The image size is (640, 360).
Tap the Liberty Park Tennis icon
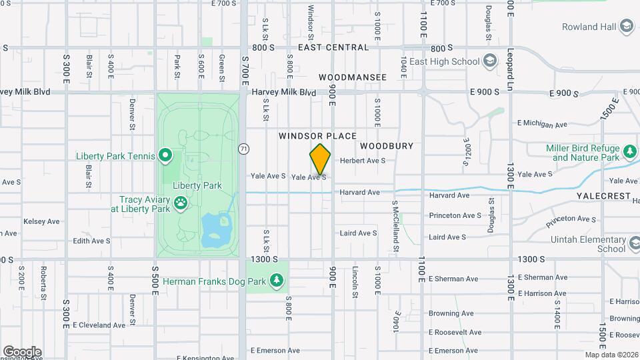click(165, 156)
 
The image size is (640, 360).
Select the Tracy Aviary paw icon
click(180, 202)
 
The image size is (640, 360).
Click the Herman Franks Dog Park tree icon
click(277, 281)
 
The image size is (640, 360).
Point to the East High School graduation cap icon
click(490, 61)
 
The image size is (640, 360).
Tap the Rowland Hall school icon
click(626, 27)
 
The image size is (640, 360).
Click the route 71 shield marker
click(244, 149)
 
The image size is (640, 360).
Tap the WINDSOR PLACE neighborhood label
click(317, 136)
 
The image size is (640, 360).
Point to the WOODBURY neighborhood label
click(387, 145)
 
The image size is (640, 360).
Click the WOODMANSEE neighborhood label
click(352, 77)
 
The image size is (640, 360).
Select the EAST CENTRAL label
click(333, 47)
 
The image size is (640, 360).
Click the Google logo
click(22, 351)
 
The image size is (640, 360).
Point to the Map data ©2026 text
click(611, 355)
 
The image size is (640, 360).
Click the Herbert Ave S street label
click(363, 161)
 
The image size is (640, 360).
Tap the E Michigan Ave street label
click(542, 124)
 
